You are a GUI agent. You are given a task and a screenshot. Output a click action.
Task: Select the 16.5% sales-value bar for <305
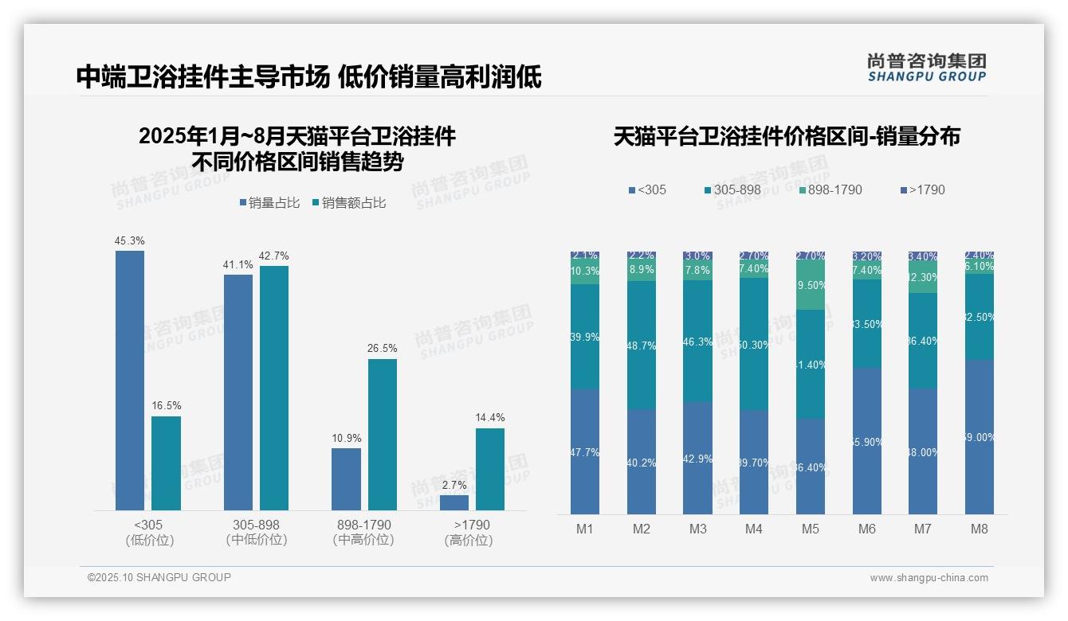point(166,463)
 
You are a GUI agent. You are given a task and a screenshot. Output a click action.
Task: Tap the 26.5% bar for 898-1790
point(382,435)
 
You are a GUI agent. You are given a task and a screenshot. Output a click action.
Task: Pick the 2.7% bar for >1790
point(454,502)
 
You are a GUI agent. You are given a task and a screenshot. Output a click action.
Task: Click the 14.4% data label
point(490,417)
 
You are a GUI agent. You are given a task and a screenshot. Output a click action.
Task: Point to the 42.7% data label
point(274,256)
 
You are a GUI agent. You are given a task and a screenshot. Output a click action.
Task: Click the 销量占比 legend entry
point(269,203)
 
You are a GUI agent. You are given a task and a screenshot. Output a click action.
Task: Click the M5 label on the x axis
point(811,529)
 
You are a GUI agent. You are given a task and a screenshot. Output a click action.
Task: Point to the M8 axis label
point(980,529)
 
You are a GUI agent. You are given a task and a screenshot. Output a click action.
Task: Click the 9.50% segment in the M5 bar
point(811,285)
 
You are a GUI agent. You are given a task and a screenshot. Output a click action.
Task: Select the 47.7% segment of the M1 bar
point(585,451)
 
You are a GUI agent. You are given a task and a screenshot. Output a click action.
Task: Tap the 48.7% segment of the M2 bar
point(642,345)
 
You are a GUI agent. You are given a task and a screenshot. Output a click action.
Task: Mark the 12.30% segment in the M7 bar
point(923,278)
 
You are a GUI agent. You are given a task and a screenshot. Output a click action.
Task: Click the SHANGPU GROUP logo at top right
point(926,67)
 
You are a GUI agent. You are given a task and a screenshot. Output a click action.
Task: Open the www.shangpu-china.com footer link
point(929,578)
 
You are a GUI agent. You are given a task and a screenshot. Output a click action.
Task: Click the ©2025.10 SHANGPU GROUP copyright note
point(159,577)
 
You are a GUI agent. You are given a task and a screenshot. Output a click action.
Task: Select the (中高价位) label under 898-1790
point(363,540)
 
